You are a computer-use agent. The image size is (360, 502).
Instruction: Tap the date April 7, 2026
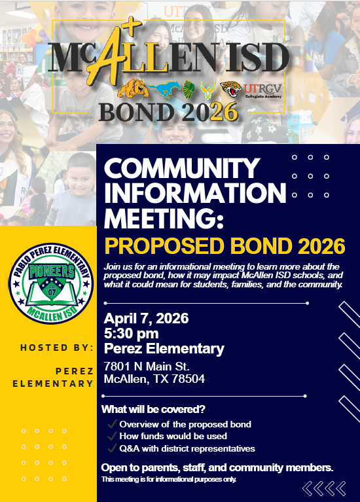147,319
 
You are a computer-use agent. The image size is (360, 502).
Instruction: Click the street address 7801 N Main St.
147,365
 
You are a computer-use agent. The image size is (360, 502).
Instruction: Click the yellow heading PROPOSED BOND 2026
225,246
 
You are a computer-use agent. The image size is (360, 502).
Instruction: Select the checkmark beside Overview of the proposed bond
113,425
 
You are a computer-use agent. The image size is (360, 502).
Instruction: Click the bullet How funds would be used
173,436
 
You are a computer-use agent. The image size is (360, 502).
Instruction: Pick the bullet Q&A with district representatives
187,448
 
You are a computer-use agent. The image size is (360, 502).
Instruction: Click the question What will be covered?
153,410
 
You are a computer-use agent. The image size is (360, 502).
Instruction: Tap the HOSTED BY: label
56,347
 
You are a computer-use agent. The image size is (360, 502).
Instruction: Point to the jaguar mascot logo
230,90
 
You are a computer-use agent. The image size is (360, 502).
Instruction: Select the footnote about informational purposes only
169,480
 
